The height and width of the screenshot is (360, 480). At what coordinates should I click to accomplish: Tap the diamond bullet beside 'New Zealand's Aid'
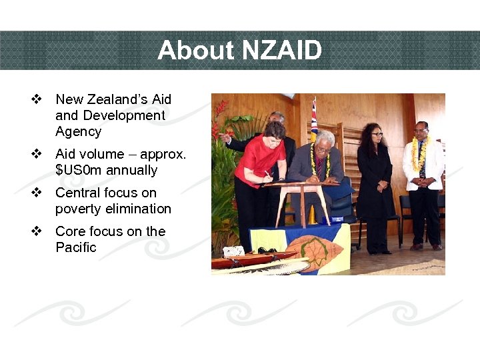pyautogui.click(x=37, y=99)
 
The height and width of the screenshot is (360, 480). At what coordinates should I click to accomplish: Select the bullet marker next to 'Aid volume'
pyautogui.click(x=37, y=154)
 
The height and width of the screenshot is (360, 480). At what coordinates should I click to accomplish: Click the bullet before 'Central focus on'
pyautogui.click(x=37, y=193)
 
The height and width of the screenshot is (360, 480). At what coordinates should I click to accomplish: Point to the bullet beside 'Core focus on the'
pyautogui.click(x=37, y=231)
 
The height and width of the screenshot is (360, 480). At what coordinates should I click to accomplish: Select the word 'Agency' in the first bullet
pyautogui.click(x=78, y=131)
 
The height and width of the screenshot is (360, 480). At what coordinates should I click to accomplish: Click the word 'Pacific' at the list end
pyautogui.click(x=75, y=247)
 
